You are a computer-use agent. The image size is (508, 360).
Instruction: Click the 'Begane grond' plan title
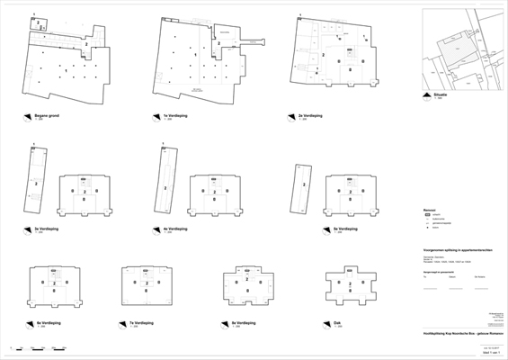pyautogui.click(x=46, y=116)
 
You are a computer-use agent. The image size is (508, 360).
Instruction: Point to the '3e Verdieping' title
pyautogui.click(x=46, y=229)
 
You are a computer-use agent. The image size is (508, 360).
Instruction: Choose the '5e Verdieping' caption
pyautogui.click(x=314, y=229)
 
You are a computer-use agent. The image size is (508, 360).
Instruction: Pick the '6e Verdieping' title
pyautogui.click(x=48, y=321)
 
